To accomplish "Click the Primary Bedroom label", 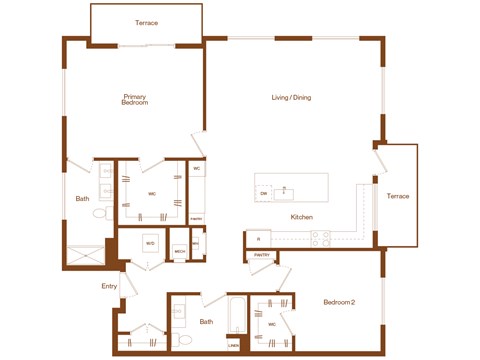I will pos(135,100).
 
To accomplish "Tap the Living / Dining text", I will pos(292,97).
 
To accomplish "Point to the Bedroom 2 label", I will pos(341,301).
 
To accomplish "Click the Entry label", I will pos(109,287).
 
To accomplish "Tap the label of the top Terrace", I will pos(147,23).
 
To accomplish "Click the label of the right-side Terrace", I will pos(398,196).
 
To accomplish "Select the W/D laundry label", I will pos(150,243).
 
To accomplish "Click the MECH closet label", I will pos(180,252).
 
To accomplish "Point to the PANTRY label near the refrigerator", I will pos(261,256).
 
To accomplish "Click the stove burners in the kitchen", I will pos(321,238).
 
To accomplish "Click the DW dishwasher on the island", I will pos(263,192).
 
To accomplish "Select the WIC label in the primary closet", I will pos(152,194).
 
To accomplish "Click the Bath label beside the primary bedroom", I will pos(82,198).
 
